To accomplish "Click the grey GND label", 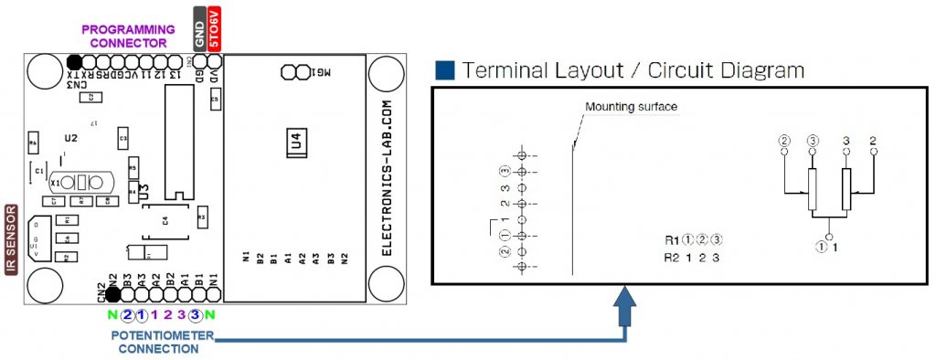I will [200, 28].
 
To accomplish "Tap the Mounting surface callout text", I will [631, 107].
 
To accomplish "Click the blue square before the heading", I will [445, 70].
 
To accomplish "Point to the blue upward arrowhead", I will [626, 301].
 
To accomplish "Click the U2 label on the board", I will [70, 138].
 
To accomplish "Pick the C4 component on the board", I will [165, 220].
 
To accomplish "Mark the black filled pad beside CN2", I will [112, 293].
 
